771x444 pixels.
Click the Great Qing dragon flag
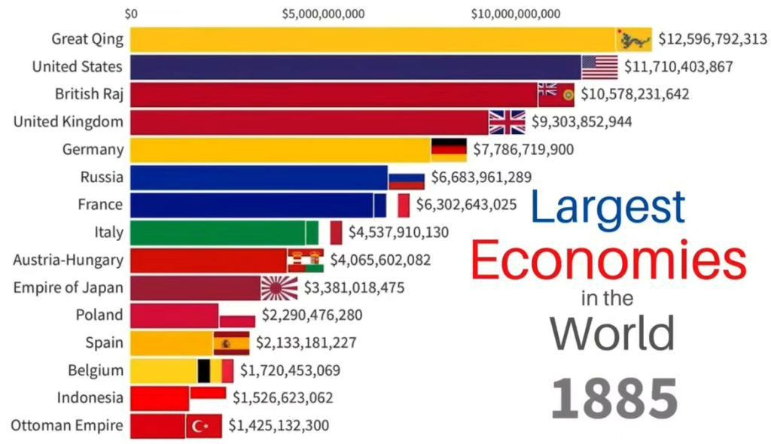[x=634, y=39]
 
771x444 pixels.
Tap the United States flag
[x=599, y=67]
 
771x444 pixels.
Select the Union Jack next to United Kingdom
[x=507, y=121]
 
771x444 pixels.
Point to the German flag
[x=449, y=149]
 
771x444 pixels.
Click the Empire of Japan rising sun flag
[x=280, y=287]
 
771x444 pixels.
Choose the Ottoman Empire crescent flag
[x=203, y=426]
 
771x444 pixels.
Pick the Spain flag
[x=231, y=343]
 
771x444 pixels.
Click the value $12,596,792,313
[x=712, y=39]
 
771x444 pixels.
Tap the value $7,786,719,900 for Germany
[x=523, y=150]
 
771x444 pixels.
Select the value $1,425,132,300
[x=279, y=426]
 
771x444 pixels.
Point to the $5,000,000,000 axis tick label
[x=323, y=14]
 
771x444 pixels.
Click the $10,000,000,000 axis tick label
[x=516, y=14]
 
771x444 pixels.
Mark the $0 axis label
[x=131, y=14]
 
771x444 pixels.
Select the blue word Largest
[x=608, y=207]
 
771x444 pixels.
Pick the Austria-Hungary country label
[x=68, y=260]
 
